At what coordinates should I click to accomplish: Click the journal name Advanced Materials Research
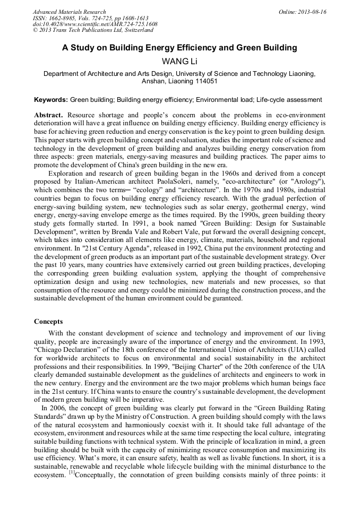69,12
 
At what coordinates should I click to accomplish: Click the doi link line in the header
95,24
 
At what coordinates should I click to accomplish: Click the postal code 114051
205,82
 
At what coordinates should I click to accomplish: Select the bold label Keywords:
51,100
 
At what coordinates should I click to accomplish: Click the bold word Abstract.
49,115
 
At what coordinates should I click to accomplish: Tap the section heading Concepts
48,322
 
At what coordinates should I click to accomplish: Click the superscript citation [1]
71,472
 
